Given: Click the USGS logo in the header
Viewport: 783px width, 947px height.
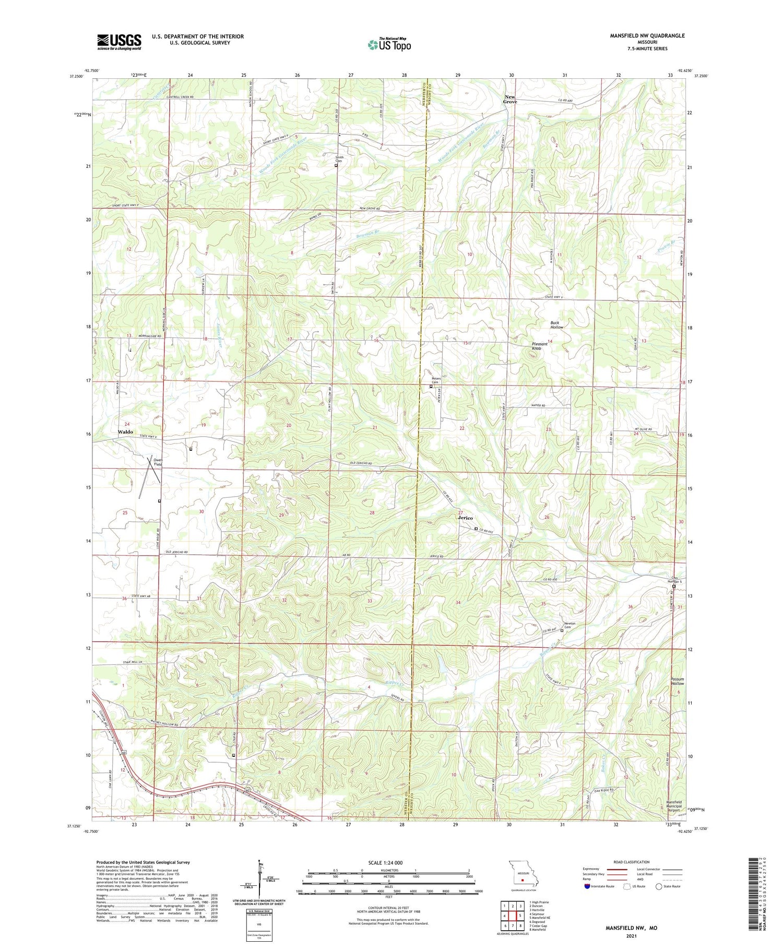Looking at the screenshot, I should tap(119, 42).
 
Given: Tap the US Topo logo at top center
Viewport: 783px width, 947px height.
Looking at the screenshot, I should tap(389, 45).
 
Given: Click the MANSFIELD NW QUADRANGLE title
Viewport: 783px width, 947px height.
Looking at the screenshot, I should tap(647, 36).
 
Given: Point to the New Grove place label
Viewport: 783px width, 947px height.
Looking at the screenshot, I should tap(510, 99).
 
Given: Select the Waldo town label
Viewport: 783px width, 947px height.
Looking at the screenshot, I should tap(125, 432).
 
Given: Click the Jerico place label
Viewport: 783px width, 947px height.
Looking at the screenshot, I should tap(465, 518).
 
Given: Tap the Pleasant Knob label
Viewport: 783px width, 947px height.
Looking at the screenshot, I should tap(539, 346).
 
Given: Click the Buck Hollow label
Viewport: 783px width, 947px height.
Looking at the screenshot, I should tap(557, 325).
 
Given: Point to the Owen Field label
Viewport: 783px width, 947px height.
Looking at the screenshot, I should tap(158, 462).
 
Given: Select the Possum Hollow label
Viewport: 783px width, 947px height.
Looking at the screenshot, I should tap(677, 681).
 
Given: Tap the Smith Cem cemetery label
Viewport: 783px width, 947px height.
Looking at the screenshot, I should tap(339, 159).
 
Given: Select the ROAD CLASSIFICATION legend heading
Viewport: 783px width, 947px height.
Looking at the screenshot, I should tap(632, 862).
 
